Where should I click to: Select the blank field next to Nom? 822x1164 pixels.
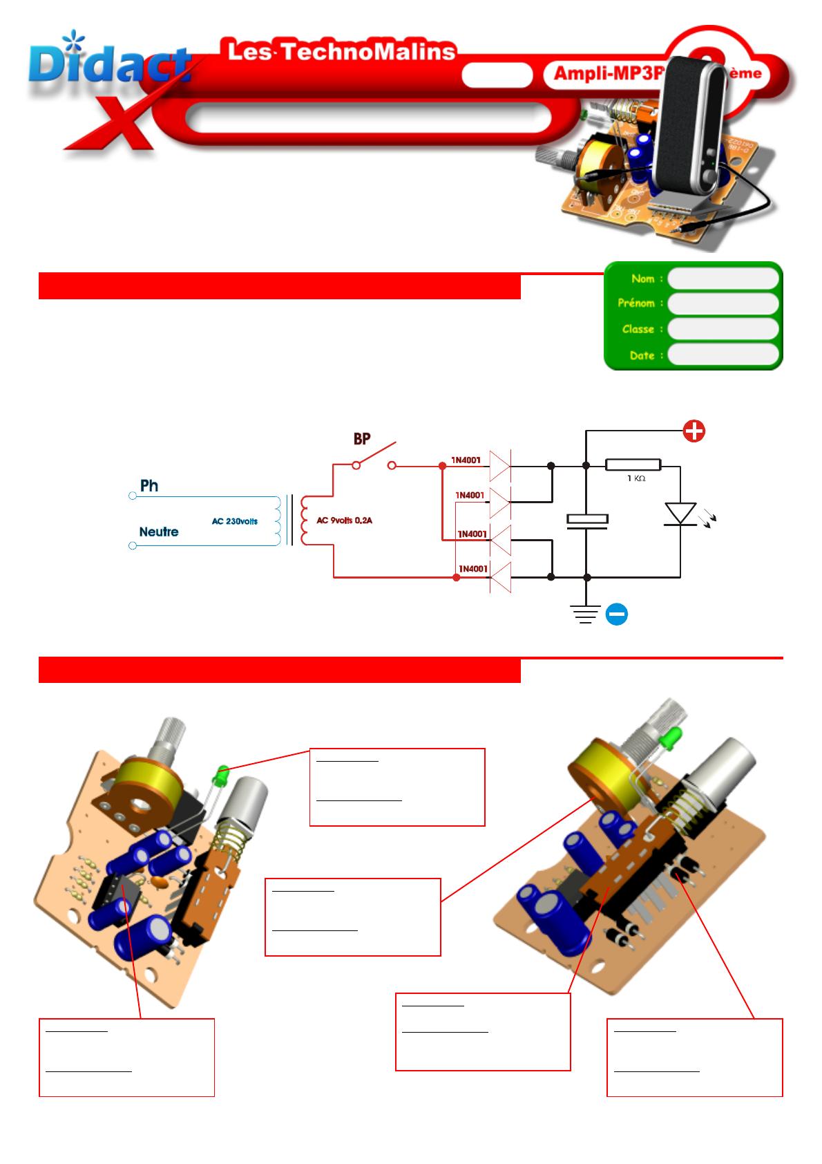coord(723,279)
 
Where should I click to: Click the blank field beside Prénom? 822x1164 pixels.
coord(723,303)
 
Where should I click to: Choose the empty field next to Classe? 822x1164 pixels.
coord(723,329)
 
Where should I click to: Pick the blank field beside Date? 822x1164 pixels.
coord(723,355)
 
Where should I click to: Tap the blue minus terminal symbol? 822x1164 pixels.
coord(617,614)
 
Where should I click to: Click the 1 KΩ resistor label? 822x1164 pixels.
coord(635,478)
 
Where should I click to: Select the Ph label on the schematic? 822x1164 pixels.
coord(149,486)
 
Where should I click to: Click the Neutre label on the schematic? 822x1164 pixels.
coord(159,532)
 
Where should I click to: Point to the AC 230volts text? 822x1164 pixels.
coord(235,521)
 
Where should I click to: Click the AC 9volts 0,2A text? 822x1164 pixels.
coord(344,520)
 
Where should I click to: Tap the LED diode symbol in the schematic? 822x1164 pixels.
coord(680,514)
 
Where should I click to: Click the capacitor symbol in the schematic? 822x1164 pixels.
coord(586,520)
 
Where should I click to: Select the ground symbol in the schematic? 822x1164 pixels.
coord(586,614)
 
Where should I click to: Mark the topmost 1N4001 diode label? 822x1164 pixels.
coord(466,460)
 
